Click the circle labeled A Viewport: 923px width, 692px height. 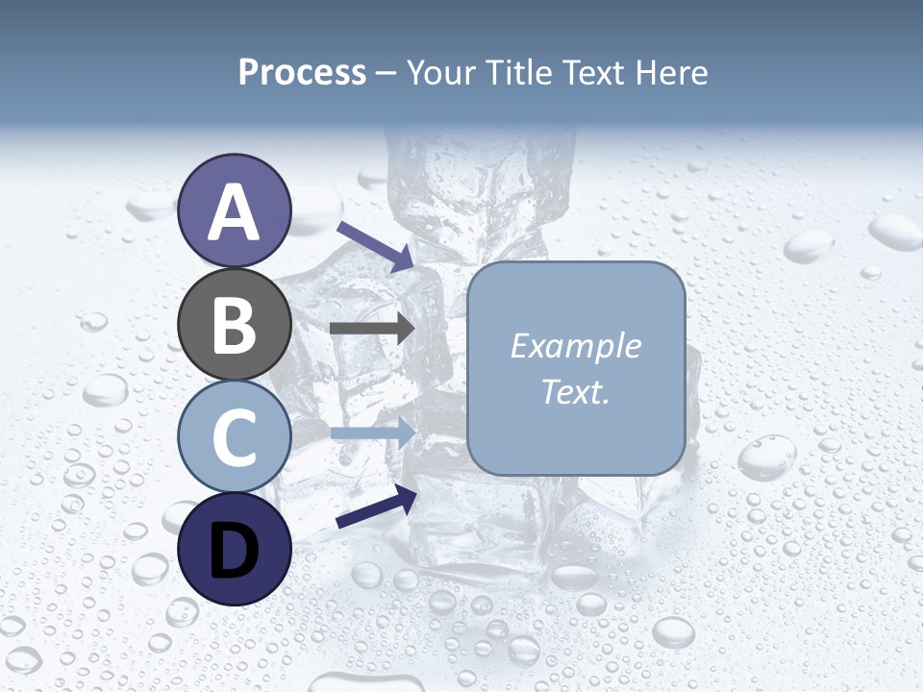(235, 210)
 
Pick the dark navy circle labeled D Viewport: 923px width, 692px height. (235, 549)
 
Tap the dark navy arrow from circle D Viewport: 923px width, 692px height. (376, 507)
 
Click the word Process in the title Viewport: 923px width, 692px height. (302, 73)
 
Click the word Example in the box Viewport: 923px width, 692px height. (575, 346)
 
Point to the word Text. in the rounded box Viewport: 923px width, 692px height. (575, 392)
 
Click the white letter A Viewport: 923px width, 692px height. (235, 212)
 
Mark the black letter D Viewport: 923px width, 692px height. (235, 551)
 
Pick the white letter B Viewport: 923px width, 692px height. (235, 325)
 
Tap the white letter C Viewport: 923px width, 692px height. (235, 437)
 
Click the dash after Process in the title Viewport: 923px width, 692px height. (387, 73)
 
